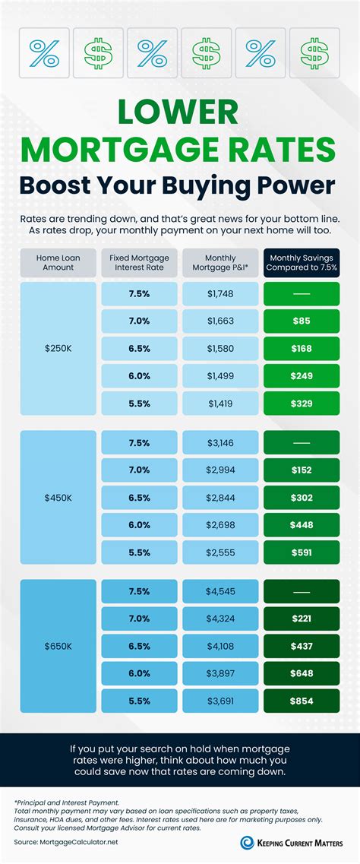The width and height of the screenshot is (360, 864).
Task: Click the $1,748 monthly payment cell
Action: click(x=220, y=293)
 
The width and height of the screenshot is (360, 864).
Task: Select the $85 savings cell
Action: click(x=302, y=321)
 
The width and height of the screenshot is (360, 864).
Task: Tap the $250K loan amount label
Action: click(x=58, y=348)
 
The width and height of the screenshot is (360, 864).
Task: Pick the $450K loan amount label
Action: click(x=58, y=497)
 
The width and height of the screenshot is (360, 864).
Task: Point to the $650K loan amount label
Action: click(x=58, y=646)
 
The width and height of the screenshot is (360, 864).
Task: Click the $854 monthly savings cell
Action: click(x=302, y=701)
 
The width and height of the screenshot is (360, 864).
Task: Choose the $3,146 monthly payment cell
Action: click(x=220, y=442)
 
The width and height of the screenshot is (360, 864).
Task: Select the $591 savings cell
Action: click(x=302, y=552)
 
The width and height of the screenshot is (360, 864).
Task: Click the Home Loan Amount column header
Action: click(x=58, y=262)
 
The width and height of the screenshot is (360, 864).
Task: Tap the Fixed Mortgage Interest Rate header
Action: click(x=140, y=262)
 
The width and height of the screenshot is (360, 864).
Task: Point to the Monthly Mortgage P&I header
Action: click(x=220, y=262)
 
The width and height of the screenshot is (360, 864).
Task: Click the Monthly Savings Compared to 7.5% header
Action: click(x=302, y=262)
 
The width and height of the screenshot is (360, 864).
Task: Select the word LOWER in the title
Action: click(x=180, y=112)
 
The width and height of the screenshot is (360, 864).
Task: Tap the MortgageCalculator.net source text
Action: click(x=69, y=842)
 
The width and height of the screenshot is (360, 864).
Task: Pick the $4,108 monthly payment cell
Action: click(x=220, y=646)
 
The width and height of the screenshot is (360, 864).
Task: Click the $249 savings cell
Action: click(x=302, y=376)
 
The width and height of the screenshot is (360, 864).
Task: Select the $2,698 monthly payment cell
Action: click(x=220, y=525)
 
